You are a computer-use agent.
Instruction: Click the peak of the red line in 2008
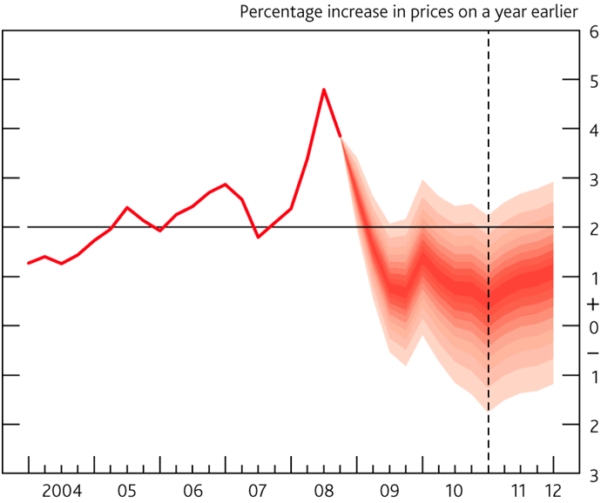[324, 90]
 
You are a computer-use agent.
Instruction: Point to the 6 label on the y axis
[593, 31]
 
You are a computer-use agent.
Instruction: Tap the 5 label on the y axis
[593, 81]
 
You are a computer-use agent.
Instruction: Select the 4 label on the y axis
[593, 131]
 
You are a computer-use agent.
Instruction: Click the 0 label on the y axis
[593, 327]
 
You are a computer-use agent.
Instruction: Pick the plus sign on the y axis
[593, 305]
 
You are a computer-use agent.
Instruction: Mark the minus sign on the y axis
[593, 351]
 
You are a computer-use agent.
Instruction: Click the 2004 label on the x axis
[61, 489]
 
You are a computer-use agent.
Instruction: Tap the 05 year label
[126, 489]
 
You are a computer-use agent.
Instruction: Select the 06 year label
[192, 489]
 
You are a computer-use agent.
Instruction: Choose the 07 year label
[258, 489]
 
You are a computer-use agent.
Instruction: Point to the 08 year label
[324, 489]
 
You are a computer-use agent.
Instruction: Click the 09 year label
[389, 489]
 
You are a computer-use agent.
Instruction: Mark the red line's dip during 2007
[258, 237]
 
